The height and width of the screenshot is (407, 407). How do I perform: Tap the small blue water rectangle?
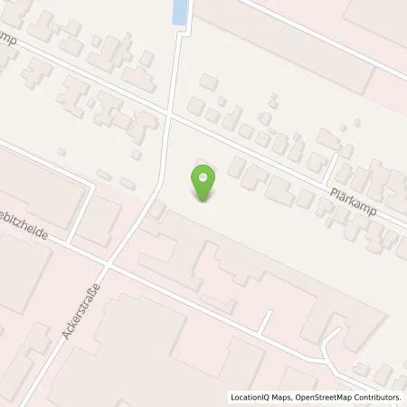(181, 12)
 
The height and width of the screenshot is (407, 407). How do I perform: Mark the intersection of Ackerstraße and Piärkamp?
(169, 116)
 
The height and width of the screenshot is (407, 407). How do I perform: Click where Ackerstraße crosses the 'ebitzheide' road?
(106, 268)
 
